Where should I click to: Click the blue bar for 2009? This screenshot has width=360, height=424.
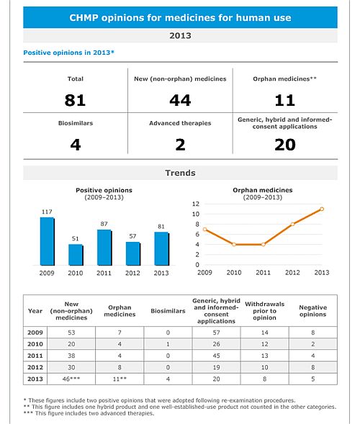pyautogui.click(x=47, y=241)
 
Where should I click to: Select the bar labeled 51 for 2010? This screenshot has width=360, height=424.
pyautogui.click(x=76, y=255)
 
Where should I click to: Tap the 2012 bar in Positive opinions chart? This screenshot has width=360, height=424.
pyautogui.click(x=133, y=253)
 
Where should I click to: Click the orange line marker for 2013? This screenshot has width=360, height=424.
pyautogui.click(x=322, y=209)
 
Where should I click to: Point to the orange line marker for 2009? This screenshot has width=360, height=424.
pyautogui.click(x=204, y=230)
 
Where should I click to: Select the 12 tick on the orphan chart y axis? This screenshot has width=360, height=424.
pyautogui.click(x=196, y=204)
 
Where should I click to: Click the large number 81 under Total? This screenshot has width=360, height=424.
pyautogui.click(x=75, y=100)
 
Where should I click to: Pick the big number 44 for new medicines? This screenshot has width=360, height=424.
pyautogui.click(x=180, y=100)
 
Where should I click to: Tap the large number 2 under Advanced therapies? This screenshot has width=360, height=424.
pyautogui.click(x=180, y=145)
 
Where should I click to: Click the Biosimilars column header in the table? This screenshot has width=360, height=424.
pyautogui.click(x=168, y=311)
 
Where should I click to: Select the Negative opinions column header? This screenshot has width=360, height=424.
pyautogui.click(x=313, y=311)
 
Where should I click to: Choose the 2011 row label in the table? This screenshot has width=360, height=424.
pyautogui.click(x=35, y=356)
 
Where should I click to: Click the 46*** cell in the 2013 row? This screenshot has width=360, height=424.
pyautogui.click(x=71, y=379)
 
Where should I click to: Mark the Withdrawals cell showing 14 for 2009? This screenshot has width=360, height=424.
pyautogui.click(x=264, y=333)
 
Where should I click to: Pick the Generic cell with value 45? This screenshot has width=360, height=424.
pyautogui.click(x=216, y=356)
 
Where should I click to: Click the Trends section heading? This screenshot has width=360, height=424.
pyautogui.click(x=180, y=173)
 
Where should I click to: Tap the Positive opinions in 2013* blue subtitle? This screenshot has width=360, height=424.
pyautogui.click(x=68, y=53)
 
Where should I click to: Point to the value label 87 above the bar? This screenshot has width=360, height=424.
pyautogui.click(x=104, y=224)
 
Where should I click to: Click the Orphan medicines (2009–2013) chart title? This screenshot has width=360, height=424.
pyautogui.click(x=263, y=194)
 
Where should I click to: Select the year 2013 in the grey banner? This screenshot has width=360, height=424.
pyautogui.click(x=180, y=35)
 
